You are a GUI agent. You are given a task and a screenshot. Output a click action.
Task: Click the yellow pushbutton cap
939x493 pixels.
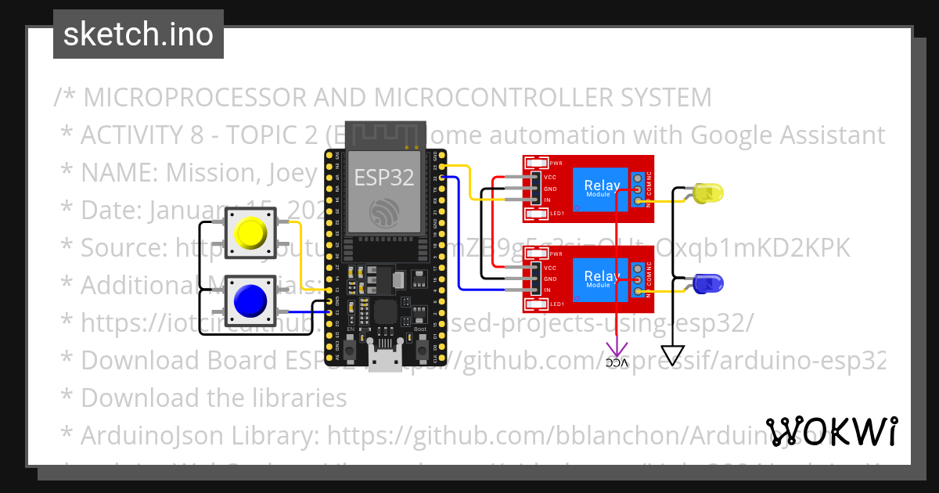point(250,232)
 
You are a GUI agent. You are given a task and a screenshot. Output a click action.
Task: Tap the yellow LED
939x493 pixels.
point(707,192)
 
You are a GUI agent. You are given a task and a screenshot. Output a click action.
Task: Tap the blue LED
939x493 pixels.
point(707,282)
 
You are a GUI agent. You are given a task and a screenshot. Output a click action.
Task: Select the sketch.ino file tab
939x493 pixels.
point(138,34)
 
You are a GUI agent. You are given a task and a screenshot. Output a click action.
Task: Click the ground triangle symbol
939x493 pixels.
point(672,355)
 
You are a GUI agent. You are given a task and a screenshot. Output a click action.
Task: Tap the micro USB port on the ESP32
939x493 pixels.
point(384,362)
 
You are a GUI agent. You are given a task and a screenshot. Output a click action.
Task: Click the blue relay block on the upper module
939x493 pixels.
point(601,188)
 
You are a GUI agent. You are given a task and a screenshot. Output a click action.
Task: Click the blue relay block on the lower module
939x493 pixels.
point(601,279)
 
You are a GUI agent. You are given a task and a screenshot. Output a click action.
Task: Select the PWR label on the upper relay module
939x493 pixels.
point(556,164)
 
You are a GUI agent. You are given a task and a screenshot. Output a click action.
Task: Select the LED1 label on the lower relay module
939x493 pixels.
point(556,304)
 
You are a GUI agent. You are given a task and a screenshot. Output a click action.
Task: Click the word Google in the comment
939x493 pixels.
point(736,135)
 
